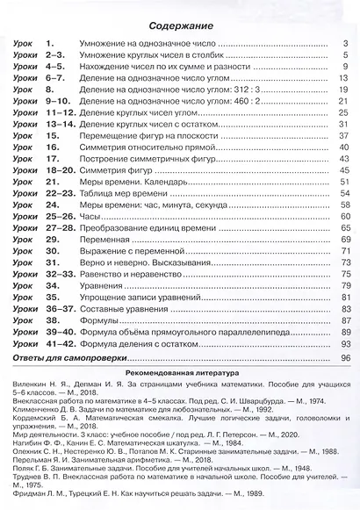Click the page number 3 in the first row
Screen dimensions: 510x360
347,43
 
